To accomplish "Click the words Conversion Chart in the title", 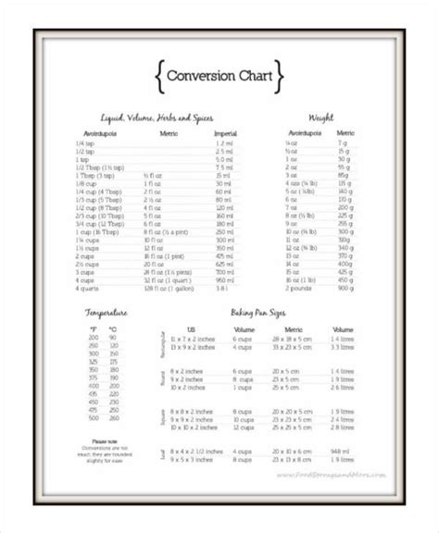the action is click(x=219, y=74).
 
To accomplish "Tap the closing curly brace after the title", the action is click(x=279, y=74).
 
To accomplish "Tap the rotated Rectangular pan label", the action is click(x=163, y=345).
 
